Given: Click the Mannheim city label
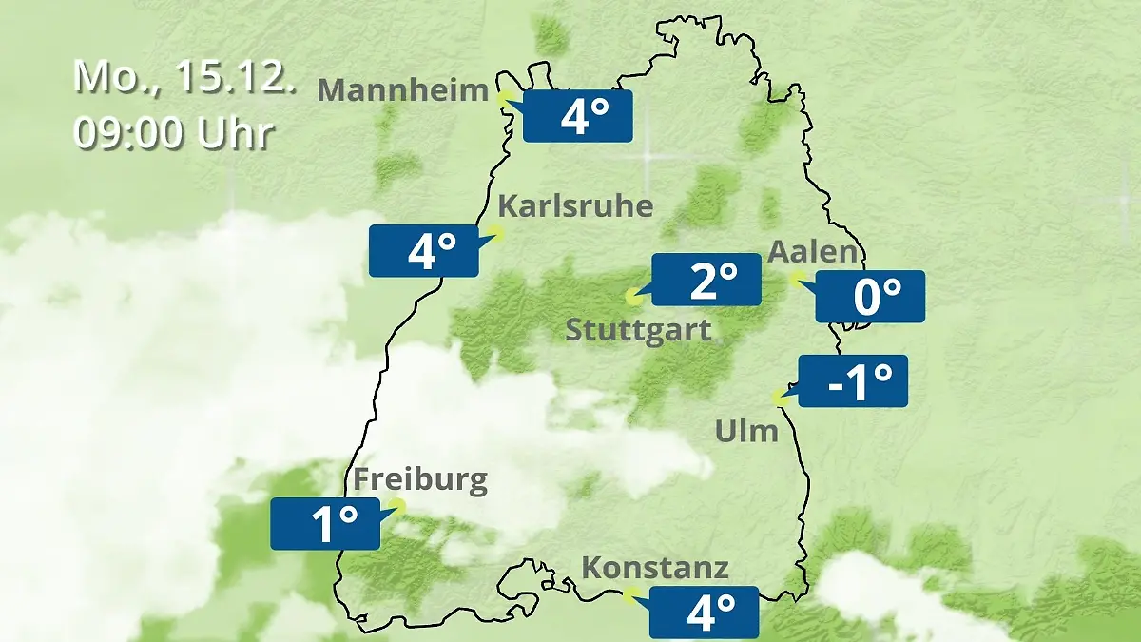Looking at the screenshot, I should pos(403,90).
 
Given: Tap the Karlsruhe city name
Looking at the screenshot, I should pos(575,206).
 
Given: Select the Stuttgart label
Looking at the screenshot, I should pos(638,331).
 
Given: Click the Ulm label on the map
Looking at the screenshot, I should pos(746,432).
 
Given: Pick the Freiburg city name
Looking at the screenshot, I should pos(420,479).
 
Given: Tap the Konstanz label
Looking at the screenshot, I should pos(655,569).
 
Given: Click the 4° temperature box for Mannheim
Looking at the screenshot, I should pos(578,116).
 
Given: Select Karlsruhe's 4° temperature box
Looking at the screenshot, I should pos(424,251).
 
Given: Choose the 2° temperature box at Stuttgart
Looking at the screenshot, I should pos(706,280).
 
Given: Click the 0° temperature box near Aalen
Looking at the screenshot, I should pos(870,297).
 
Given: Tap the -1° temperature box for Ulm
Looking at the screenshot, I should pos(853,380).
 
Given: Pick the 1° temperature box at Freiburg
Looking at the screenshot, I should pos(325,523).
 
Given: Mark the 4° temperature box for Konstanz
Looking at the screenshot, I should pos(705,612).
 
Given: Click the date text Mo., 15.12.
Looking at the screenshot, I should pos(184,77).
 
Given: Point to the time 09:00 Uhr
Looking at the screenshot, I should pos(173,134).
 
